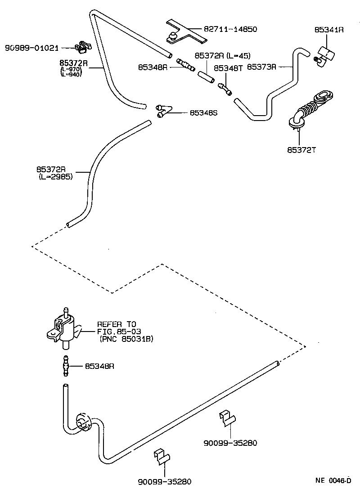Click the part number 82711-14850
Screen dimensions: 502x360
(230, 30)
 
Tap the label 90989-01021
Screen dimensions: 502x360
(32, 48)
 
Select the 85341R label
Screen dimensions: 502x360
(329, 30)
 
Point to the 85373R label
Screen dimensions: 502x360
(262, 67)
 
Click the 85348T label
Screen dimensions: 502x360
(228, 67)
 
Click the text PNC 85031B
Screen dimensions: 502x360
(126, 339)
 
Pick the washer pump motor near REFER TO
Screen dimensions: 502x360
(64, 328)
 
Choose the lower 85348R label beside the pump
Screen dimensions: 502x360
(99, 366)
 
